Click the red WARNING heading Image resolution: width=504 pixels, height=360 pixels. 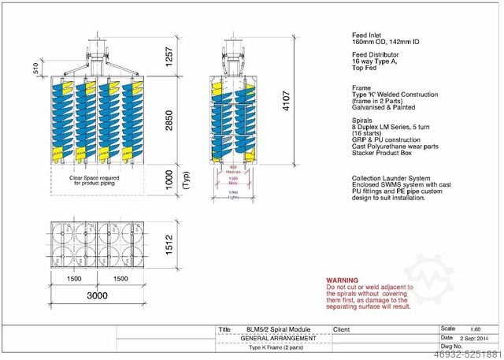pos(343,279)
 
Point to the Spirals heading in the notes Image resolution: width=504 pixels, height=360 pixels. pos(362,120)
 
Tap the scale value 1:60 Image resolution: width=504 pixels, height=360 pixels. pos(473,328)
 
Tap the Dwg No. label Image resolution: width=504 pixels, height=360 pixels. pos(451,346)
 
